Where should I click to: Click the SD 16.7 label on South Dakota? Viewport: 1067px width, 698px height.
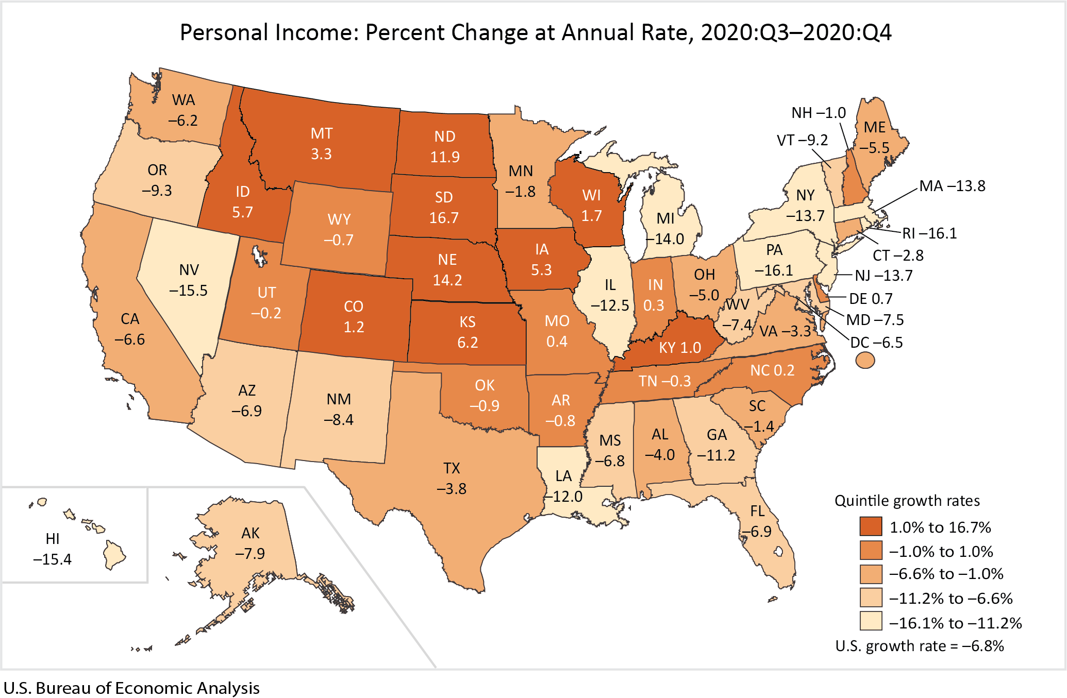[x=444, y=207]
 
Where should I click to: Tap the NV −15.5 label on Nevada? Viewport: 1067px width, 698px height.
[x=189, y=280]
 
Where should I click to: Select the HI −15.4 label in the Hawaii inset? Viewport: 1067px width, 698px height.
[x=53, y=549]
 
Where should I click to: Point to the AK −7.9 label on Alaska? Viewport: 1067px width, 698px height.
[x=251, y=543]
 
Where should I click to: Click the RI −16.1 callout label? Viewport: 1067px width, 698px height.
[x=929, y=233]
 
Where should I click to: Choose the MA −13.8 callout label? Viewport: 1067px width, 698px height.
[x=952, y=186]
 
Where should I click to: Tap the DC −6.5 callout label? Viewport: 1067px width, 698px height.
[x=876, y=343]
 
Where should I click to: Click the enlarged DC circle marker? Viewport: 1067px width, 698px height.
[x=865, y=360]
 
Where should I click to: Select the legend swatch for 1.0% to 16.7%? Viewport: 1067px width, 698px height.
[x=871, y=526]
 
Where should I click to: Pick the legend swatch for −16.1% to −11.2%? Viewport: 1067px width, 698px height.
[x=871, y=621]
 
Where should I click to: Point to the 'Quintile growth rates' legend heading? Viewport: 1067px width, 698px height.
[x=907, y=501]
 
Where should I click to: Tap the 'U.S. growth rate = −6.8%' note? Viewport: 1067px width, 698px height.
[x=920, y=646]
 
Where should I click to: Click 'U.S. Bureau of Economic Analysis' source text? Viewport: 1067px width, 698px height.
[x=131, y=688]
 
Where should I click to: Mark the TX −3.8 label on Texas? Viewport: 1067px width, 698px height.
[x=452, y=479]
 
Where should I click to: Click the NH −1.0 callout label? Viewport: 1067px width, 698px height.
[x=819, y=113]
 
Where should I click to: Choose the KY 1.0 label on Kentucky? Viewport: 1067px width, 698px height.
[x=680, y=348]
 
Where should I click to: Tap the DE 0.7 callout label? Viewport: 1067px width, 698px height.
[x=871, y=299]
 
